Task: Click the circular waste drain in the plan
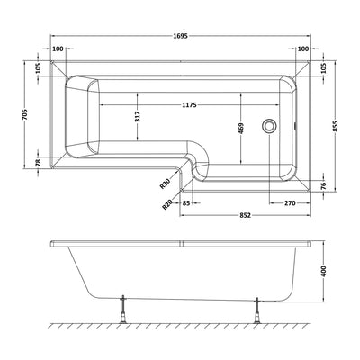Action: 268,127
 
